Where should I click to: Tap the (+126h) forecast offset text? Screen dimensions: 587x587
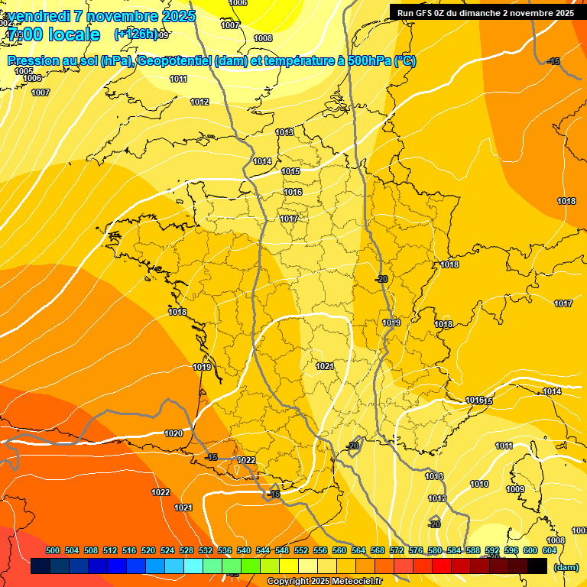136,34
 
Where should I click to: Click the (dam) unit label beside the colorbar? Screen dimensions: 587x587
565,567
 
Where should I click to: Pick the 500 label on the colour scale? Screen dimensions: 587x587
53,550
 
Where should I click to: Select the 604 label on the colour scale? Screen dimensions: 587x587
550,550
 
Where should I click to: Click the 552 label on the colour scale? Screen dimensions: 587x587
301,550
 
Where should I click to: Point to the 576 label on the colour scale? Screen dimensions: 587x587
416,550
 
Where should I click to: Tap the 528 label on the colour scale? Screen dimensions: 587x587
186,550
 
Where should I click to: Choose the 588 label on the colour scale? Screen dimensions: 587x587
473,550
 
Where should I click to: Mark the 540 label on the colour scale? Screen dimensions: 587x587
244,550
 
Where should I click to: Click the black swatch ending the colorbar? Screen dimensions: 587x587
537,566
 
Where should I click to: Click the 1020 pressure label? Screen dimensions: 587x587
174,433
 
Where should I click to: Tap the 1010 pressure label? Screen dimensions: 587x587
479,484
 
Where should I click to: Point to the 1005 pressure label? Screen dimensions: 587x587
24,70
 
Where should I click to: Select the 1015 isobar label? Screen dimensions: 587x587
290,171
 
